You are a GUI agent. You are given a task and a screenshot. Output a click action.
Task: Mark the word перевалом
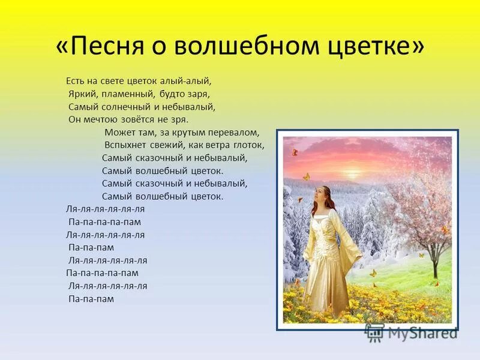tap(233, 133)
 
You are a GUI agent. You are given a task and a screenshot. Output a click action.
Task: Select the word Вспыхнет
tap(124, 145)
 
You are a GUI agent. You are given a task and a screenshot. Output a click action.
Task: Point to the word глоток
tap(250, 145)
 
